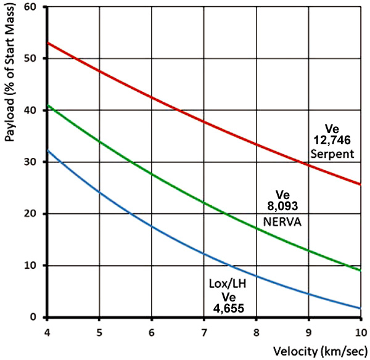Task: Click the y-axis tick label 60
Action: [x=30, y=7]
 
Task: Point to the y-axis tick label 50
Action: [x=30, y=59]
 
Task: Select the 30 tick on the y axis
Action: [x=30, y=162]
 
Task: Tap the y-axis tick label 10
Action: [x=30, y=266]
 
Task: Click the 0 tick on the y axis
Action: [x=33, y=317]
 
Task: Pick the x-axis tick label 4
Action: [x=47, y=333]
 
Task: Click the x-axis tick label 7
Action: [x=204, y=333]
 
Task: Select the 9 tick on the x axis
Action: [x=308, y=333]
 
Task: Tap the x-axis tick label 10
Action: [x=361, y=333]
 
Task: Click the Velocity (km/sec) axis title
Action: [x=320, y=351]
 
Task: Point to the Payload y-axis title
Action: [x=10, y=73]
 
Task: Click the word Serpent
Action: [x=332, y=154]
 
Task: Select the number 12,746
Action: [x=332, y=141]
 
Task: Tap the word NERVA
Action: [x=282, y=222]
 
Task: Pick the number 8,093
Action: [x=282, y=206]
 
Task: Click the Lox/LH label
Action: [x=228, y=284]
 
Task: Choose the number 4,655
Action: [x=228, y=308]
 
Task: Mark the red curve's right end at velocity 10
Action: [x=361, y=184]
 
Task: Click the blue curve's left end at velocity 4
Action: [x=47, y=150]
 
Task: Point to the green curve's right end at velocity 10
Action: [x=361, y=271]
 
